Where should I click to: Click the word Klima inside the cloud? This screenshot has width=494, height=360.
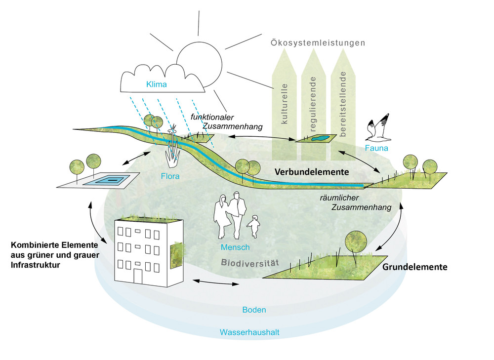156,84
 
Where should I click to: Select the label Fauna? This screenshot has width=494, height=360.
376,147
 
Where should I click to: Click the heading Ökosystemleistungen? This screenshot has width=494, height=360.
318,43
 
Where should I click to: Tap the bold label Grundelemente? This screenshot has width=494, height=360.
414,267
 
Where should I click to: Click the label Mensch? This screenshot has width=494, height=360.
236,247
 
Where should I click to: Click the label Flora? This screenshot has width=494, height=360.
170,175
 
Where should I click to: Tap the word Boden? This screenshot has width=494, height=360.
254,310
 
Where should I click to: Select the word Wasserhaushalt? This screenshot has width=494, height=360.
249,332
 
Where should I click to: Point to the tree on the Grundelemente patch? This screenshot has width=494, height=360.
356,241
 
